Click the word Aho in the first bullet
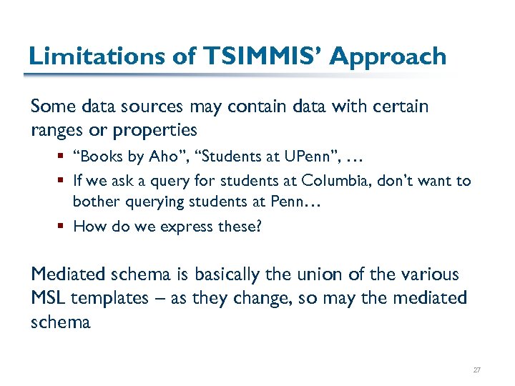pos(177,157)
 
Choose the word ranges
pos(56,131)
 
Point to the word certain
pos(401,107)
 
